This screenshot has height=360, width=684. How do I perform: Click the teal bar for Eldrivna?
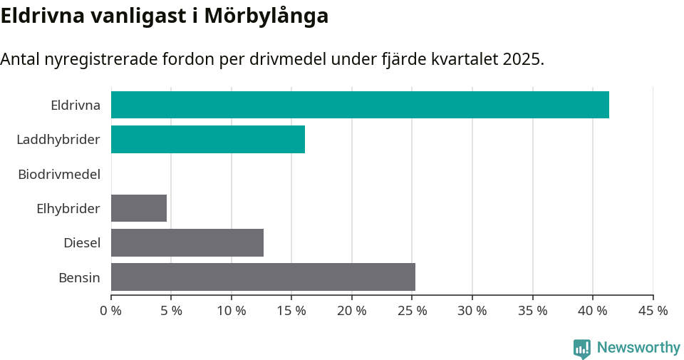point(360,105)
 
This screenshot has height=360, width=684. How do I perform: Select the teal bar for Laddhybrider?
point(208,139)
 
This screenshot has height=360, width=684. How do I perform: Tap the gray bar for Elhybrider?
point(139,208)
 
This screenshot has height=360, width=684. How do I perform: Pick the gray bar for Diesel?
point(187,242)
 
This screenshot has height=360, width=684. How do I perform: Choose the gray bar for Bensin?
point(263,277)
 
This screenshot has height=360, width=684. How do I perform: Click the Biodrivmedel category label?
point(58,174)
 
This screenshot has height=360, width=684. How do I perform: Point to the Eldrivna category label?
point(75,105)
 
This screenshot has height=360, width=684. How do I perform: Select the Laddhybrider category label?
point(58,139)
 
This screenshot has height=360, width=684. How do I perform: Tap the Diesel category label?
point(81,242)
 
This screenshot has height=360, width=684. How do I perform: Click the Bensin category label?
point(79,277)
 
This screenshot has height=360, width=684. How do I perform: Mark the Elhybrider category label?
point(68,208)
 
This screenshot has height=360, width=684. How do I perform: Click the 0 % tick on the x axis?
point(111,311)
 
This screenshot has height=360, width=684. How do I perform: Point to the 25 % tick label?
point(413,311)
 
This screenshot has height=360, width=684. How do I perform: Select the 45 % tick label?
point(653,311)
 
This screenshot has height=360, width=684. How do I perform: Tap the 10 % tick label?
point(232,311)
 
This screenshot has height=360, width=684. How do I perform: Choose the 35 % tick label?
point(533,311)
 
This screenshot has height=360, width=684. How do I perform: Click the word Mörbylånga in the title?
point(266,16)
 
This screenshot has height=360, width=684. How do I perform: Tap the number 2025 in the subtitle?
point(522,59)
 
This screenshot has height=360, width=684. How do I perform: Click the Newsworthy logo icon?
point(582,349)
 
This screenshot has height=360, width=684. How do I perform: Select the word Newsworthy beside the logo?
point(638,348)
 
